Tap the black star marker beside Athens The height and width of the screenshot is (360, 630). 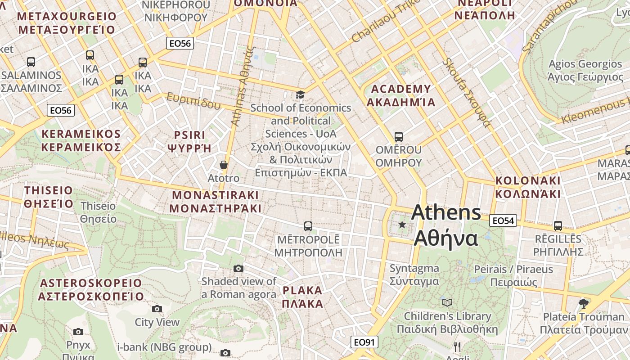tap(402, 224)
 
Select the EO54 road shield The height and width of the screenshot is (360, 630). tap(503, 220)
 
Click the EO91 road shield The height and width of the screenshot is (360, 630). tap(364, 342)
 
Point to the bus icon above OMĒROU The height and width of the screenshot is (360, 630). tap(398, 136)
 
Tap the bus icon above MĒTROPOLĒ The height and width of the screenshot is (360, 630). tap(308, 226)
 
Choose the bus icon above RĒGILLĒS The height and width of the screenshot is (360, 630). tap(558, 225)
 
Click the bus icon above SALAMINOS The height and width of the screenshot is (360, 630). tap(31, 62)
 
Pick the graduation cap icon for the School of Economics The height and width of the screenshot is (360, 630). tap(300, 94)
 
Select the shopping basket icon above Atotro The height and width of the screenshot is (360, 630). tap(224, 165)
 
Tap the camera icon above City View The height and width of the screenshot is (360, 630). tap(157, 309)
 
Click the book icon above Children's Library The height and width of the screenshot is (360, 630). tap(447, 302)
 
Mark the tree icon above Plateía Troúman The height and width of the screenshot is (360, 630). tap(584, 303)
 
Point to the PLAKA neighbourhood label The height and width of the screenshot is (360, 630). tap(302, 296)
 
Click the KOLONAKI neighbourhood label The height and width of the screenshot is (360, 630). tap(528, 187)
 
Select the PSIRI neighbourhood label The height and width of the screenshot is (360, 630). tap(189, 141)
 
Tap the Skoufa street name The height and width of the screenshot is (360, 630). tap(466, 92)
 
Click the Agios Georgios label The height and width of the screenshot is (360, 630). tap(585, 70)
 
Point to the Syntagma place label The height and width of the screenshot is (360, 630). tap(414, 274)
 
